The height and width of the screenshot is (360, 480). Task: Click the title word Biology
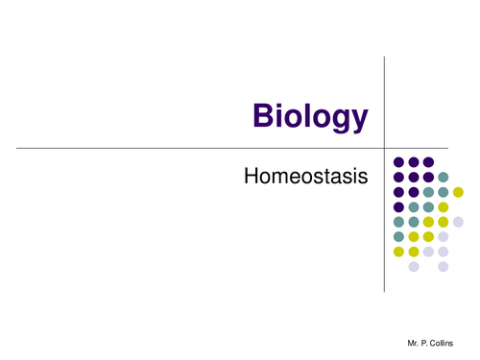[x=310, y=116]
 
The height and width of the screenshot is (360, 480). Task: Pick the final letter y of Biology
[x=358, y=120]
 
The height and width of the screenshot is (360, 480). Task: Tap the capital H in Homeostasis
[x=252, y=177]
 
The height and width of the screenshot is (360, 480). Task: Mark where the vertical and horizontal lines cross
[x=384, y=148]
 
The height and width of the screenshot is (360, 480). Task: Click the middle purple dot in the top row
[x=414, y=162]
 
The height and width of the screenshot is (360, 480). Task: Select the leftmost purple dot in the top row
[x=398, y=162]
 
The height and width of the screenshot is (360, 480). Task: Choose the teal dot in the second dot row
[x=443, y=178]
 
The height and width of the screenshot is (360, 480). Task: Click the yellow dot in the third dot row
[x=458, y=192]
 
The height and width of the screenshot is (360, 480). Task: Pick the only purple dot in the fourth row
[x=398, y=206]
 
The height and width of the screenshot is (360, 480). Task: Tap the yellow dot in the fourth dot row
[x=443, y=206]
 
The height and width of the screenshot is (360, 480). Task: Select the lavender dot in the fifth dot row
[x=458, y=222]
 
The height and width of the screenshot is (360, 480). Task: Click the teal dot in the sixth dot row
[x=398, y=236]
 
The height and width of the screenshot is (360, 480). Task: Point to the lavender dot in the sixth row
[x=443, y=236]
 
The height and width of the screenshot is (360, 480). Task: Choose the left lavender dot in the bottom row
[x=414, y=266]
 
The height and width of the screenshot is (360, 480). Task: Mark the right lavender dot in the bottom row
[x=443, y=266]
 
